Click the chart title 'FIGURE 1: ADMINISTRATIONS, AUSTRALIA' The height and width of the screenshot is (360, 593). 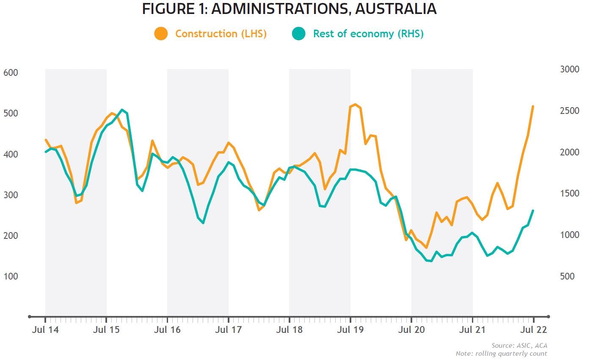tap(289, 9)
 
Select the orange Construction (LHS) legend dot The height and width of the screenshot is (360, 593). tap(161, 34)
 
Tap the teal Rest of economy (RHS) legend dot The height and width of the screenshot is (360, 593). tap(298, 34)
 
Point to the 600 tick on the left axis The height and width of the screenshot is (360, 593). tap(11, 73)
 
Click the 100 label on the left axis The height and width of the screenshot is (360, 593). tap(11, 276)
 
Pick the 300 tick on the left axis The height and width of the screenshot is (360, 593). tap(11, 195)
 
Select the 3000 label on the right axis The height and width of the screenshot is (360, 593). tap(570, 69)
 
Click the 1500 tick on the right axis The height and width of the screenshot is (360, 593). tap(570, 194)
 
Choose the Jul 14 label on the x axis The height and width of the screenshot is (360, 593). tap(45, 330)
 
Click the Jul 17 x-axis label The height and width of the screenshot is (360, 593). tap(228, 330)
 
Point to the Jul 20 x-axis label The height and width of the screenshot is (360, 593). tap(411, 330)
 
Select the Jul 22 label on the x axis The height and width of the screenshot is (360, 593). tap(533, 330)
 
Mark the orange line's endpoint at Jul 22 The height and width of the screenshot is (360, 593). tap(533, 106)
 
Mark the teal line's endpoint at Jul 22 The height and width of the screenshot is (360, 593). tap(533, 210)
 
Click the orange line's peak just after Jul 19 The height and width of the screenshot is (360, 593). tap(356, 104)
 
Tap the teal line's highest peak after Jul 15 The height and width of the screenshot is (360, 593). tap(122, 110)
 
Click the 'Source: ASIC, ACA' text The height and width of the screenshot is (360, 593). tap(519, 346)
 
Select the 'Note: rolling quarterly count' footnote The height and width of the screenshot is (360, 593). tap(501, 353)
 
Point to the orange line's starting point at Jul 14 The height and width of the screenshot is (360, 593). tap(46, 140)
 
